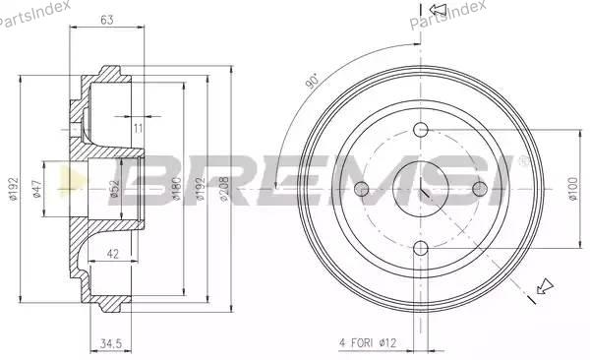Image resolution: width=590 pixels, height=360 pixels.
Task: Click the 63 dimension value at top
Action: pyautogui.click(x=107, y=20)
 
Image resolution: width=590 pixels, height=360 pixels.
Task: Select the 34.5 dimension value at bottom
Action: pyautogui.click(x=111, y=343)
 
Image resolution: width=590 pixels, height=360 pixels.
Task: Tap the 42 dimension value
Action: pyautogui.click(x=112, y=254)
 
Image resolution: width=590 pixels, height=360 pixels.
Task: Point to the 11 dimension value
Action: pyautogui.click(x=138, y=129)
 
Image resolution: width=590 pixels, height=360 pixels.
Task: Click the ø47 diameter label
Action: pyautogui.click(x=36, y=189)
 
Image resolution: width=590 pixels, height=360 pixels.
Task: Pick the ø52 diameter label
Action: pyautogui.click(x=114, y=189)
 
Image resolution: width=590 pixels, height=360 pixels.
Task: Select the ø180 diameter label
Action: pyautogui.click(x=176, y=188)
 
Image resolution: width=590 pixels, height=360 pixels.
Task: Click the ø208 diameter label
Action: pyautogui.click(x=224, y=188)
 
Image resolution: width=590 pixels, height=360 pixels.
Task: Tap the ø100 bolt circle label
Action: pyautogui.click(x=572, y=188)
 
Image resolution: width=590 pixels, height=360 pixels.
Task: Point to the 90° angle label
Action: pyautogui.click(x=313, y=82)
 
